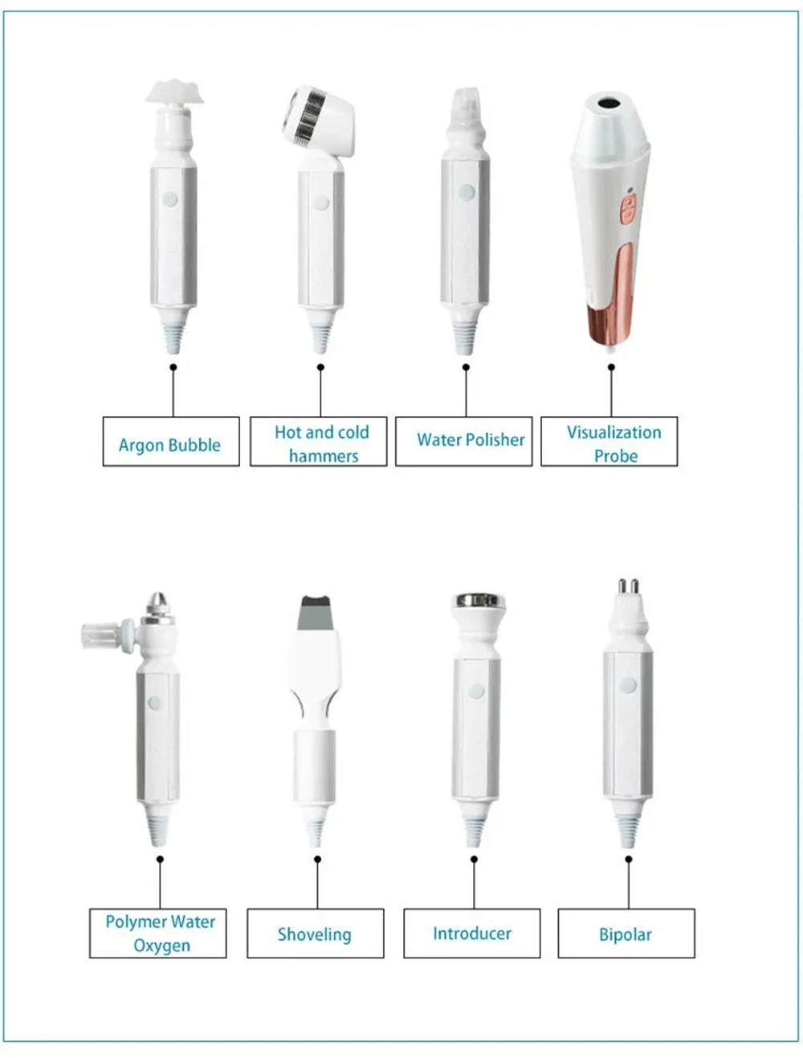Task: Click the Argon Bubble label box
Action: [170, 441]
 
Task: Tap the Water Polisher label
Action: [464, 441]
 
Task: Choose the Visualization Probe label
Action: [609, 441]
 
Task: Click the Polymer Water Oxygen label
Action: [158, 933]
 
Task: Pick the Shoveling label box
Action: [315, 933]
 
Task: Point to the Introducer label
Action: [472, 933]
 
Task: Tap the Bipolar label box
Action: [626, 933]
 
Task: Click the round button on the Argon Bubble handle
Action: [169, 198]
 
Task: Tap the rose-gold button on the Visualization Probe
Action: [628, 210]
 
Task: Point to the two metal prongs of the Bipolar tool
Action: [627, 586]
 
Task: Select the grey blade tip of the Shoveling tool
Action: [316, 612]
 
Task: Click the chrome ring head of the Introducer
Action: [479, 601]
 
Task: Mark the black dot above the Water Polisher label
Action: [466, 367]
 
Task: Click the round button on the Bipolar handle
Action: [628, 685]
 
